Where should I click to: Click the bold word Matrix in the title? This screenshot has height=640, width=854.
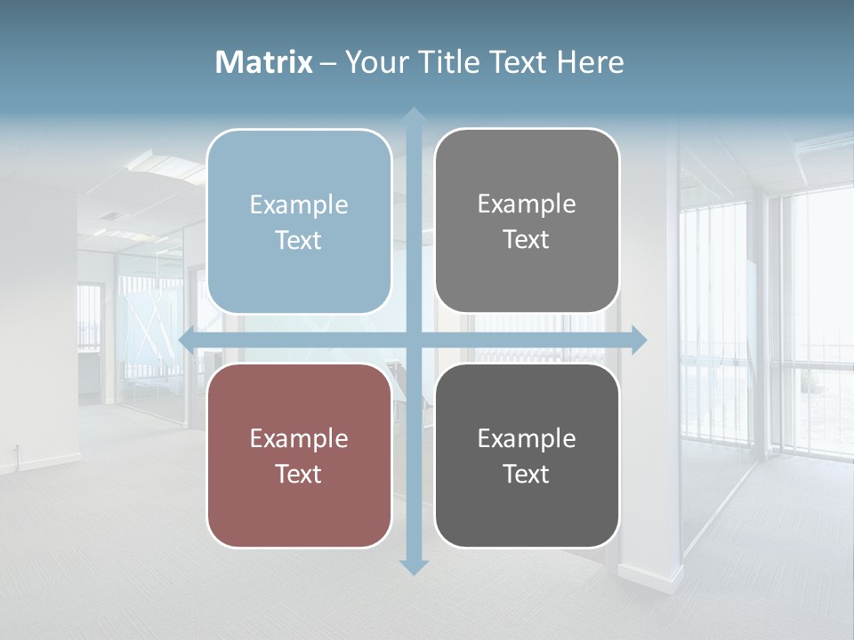click(x=264, y=62)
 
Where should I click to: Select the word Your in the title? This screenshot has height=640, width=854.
click(x=373, y=62)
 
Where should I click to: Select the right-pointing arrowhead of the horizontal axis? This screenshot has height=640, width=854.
click(x=638, y=340)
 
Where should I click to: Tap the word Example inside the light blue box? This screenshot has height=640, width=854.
click(x=299, y=205)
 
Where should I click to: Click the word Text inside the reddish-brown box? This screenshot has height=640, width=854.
click(x=299, y=474)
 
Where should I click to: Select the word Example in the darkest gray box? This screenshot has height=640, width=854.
click(x=527, y=438)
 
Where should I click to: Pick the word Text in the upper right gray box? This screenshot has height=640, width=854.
click(x=527, y=240)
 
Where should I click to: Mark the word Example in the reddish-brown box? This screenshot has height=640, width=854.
click(x=299, y=438)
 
